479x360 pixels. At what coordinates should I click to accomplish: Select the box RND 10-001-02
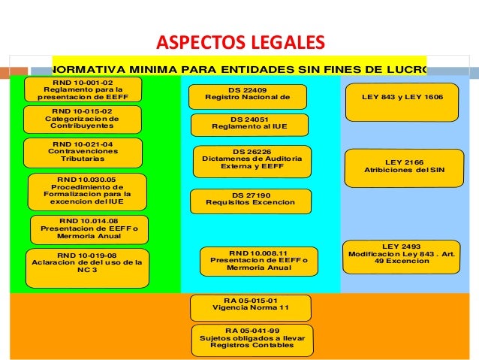coord(73,89)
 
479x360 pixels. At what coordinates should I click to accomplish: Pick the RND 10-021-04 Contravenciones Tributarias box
coord(83,153)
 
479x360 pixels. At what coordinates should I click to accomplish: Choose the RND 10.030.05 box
coord(86,192)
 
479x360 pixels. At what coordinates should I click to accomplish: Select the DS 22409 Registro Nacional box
coord(248,97)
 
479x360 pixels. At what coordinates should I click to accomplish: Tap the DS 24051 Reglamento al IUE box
coord(249,125)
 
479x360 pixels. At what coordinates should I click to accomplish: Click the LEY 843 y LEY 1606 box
coord(402,101)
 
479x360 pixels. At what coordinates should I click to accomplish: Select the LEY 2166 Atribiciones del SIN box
coord(404,167)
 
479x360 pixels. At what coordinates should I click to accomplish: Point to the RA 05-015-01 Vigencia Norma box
coord(250,307)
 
